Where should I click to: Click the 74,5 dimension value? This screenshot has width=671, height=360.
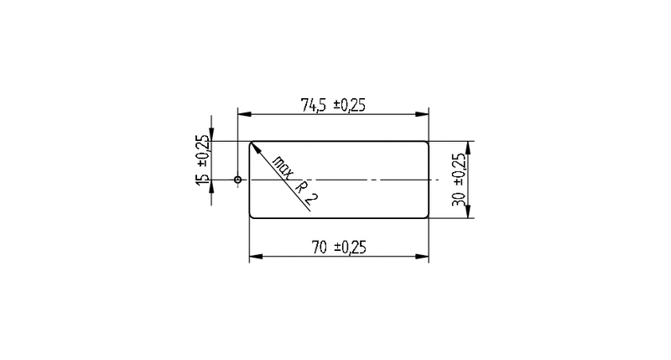(313, 105)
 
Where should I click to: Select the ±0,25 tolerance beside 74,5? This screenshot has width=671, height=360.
(350, 105)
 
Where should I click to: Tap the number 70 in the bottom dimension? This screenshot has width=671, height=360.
(320, 247)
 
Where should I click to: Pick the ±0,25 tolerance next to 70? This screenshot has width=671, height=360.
(350, 247)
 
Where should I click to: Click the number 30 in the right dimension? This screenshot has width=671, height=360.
(458, 198)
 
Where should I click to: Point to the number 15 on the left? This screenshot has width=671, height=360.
(202, 180)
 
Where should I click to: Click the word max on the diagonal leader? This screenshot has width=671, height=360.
(283, 167)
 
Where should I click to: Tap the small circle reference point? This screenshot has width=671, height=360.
(237, 180)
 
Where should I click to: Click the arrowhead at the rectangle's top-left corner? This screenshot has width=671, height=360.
(255, 148)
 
